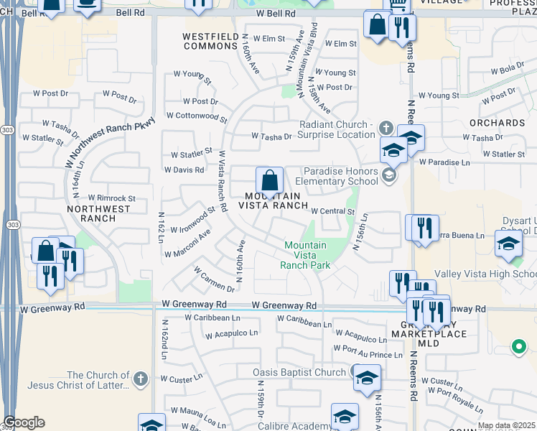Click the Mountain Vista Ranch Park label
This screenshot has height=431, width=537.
click(x=305, y=255)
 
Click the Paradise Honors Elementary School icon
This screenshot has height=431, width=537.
click(x=388, y=176)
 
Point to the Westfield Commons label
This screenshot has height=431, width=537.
click(x=210, y=41)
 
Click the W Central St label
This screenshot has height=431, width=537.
click(x=333, y=211)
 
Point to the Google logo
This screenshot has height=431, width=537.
click(x=24, y=422)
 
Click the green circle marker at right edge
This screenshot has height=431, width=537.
click(x=518, y=348)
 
